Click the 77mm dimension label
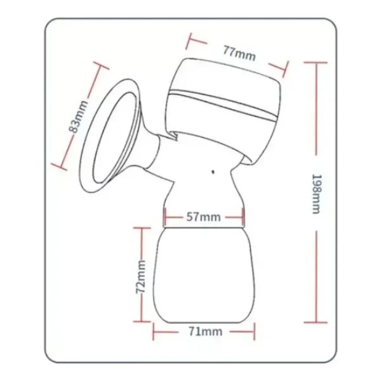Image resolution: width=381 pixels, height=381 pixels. click(239, 53)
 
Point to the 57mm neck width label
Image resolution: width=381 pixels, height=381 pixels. click(204, 217)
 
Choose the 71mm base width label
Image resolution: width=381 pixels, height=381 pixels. click(204, 331)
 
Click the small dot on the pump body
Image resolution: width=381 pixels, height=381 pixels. click(212, 171)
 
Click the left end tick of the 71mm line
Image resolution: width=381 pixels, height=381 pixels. click(153, 331)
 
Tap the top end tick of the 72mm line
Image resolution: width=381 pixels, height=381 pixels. click(142, 227)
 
